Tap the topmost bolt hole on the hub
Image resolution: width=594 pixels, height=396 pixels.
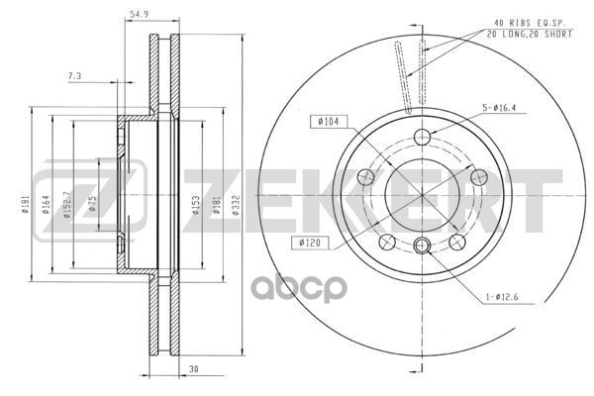coord(423,137)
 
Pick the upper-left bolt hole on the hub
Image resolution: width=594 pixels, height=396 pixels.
coord(365,177)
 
